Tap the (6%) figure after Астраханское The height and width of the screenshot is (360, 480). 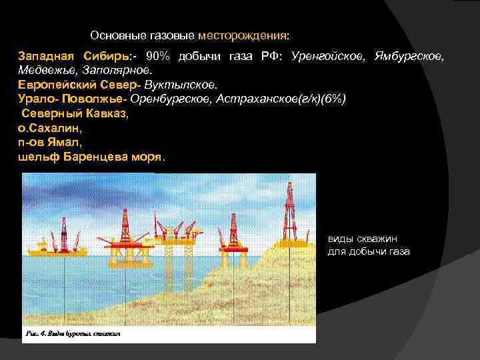331,99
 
